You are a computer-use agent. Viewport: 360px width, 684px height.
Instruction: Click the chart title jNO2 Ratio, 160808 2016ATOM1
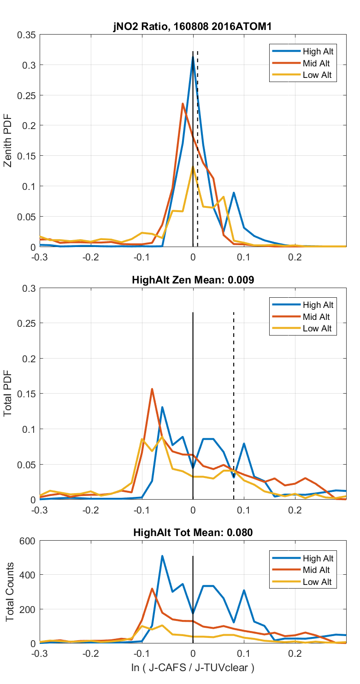tap(193, 27)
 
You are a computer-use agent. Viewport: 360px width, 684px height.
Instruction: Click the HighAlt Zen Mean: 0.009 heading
tap(193, 280)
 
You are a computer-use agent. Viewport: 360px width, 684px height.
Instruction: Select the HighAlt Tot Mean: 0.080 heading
tap(193, 533)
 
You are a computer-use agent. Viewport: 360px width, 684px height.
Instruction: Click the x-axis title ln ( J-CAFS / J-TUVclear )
tap(193, 667)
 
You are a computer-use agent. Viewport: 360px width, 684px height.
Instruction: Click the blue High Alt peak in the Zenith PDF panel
tap(193, 58)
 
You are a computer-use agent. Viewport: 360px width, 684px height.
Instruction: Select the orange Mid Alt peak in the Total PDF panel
tap(152, 389)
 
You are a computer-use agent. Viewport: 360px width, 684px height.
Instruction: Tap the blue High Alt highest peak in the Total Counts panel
tap(162, 556)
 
